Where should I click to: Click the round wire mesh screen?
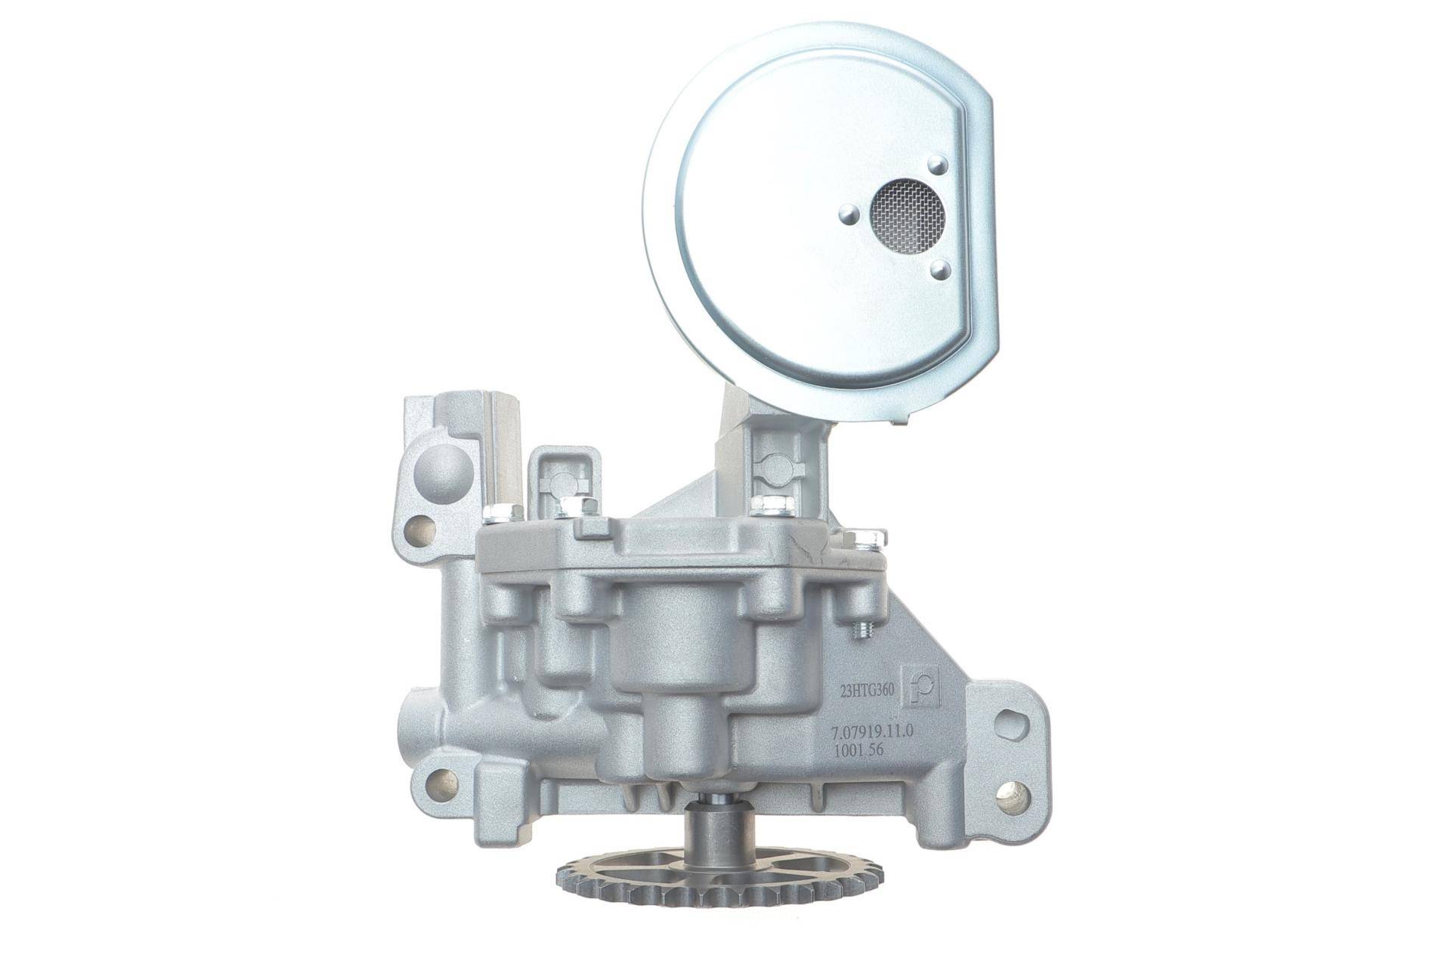pyautogui.click(x=908, y=207)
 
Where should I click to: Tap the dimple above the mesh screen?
pyautogui.click(x=939, y=163)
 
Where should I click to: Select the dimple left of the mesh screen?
pyautogui.click(x=849, y=215)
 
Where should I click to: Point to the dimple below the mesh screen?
pyautogui.click(x=939, y=269)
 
